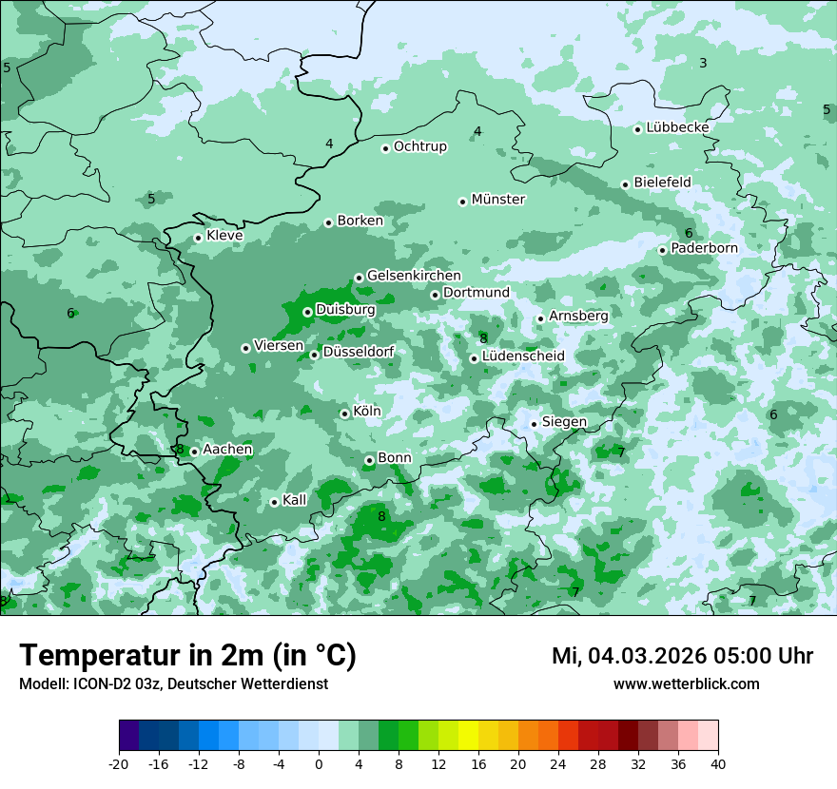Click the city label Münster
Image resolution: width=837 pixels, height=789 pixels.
[497, 200]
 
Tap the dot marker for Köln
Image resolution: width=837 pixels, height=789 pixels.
[344, 414]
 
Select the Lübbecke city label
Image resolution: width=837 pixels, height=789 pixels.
[677, 127]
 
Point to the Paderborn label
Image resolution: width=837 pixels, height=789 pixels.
[704, 249]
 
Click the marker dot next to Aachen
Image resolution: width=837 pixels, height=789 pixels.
[194, 452]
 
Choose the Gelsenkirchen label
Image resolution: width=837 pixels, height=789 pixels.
[414, 276]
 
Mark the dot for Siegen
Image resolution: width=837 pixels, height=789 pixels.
[534, 424]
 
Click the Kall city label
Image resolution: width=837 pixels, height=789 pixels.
[295, 500]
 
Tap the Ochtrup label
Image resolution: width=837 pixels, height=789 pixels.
[419, 146]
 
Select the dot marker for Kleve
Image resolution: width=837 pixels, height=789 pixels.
[198, 238]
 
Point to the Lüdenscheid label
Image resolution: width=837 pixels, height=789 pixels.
[523, 356]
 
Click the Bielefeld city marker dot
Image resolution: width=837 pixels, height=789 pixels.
[625, 184]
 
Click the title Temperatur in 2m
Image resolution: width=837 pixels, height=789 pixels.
[143, 656]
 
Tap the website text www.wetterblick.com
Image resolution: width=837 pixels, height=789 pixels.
[686, 684]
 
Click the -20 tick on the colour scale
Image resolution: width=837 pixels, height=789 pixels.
[119, 763]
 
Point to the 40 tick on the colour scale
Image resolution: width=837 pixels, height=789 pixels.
[717, 763]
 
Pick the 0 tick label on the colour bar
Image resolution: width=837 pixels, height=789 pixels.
[319, 763]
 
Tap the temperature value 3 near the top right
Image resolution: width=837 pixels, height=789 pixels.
[703, 63]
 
